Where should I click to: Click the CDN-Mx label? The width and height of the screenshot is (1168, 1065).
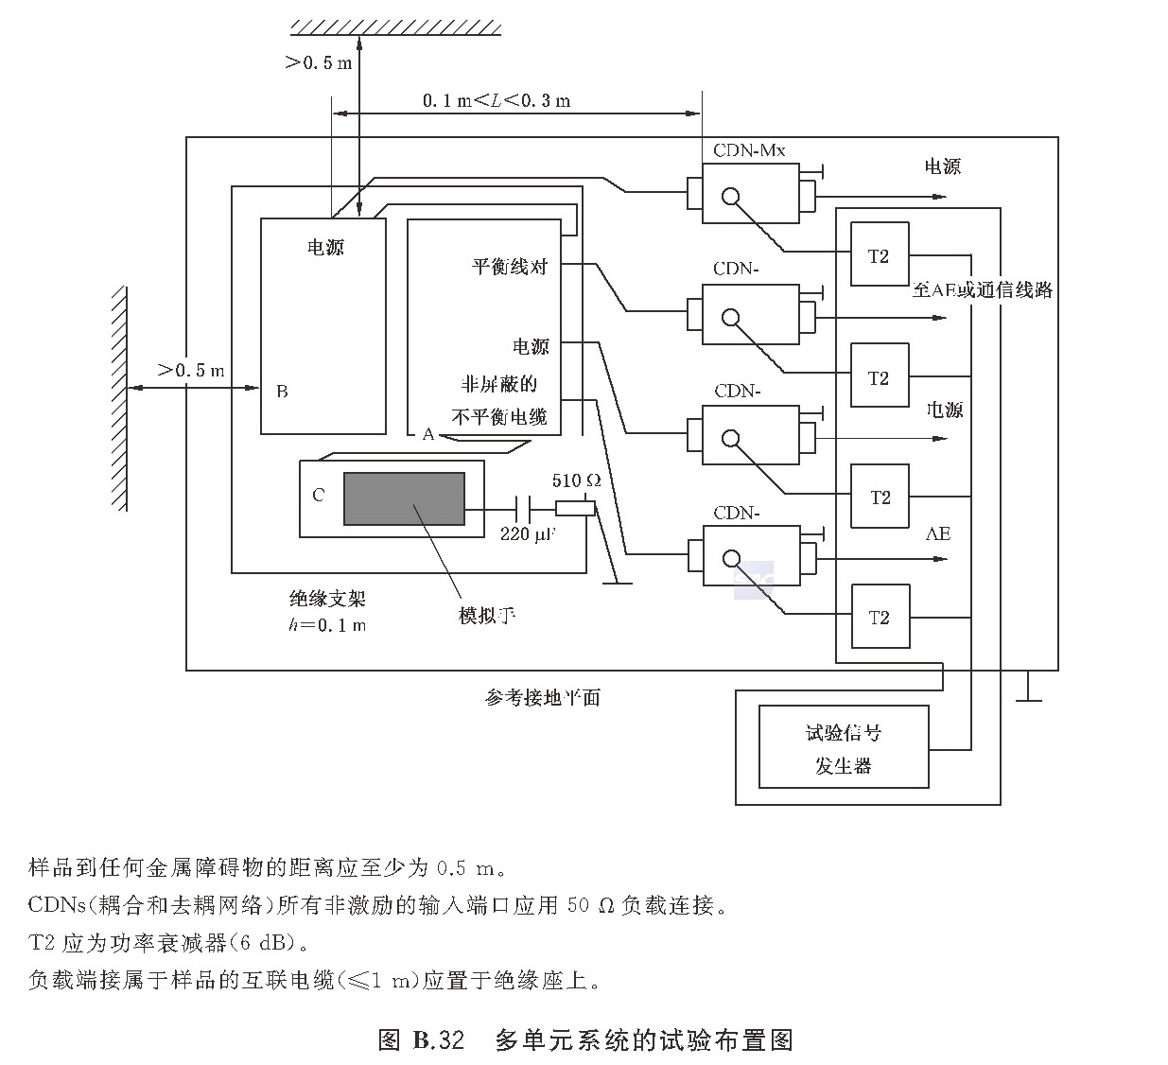click(x=749, y=150)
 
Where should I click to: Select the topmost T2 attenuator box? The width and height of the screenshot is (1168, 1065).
click(x=880, y=254)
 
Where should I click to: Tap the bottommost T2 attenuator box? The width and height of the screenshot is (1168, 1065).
click(x=880, y=617)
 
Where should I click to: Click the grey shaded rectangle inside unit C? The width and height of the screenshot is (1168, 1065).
click(x=404, y=498)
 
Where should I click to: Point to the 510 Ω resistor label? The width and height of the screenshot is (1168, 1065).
click(x=576, y=480)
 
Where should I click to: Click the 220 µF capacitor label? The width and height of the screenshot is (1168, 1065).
click(x=528, y=534)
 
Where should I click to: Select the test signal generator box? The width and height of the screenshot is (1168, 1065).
click(x=844, y=747)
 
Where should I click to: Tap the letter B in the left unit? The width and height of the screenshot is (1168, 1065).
click(x=282, y=391)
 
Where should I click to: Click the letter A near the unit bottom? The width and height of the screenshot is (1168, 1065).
click(x=428, y=434)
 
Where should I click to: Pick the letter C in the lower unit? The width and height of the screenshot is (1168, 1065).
click(x=318, y=495)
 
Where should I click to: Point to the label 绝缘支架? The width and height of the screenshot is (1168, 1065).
click(x=326, y=599)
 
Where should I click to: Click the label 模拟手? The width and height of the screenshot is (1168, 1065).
click(x=487, y=616)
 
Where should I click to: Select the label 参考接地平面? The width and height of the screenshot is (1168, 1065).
click(x=543, y=698)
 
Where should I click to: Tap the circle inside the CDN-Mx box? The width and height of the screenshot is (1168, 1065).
click(x=729, y=197)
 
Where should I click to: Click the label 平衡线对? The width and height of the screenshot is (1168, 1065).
click(x=510, y=266)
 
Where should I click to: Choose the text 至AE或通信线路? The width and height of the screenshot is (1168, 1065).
click(x=983, y=290)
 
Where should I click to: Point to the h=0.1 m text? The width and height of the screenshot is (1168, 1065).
click(x=327, y=624)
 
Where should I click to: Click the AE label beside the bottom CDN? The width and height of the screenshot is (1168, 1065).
click(x=937, y=534)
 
